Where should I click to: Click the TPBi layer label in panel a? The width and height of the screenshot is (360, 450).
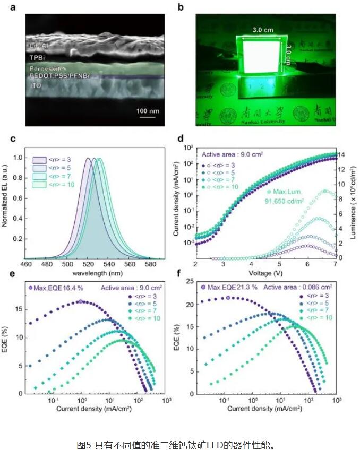pyautogui.click(x=38, y=56)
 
